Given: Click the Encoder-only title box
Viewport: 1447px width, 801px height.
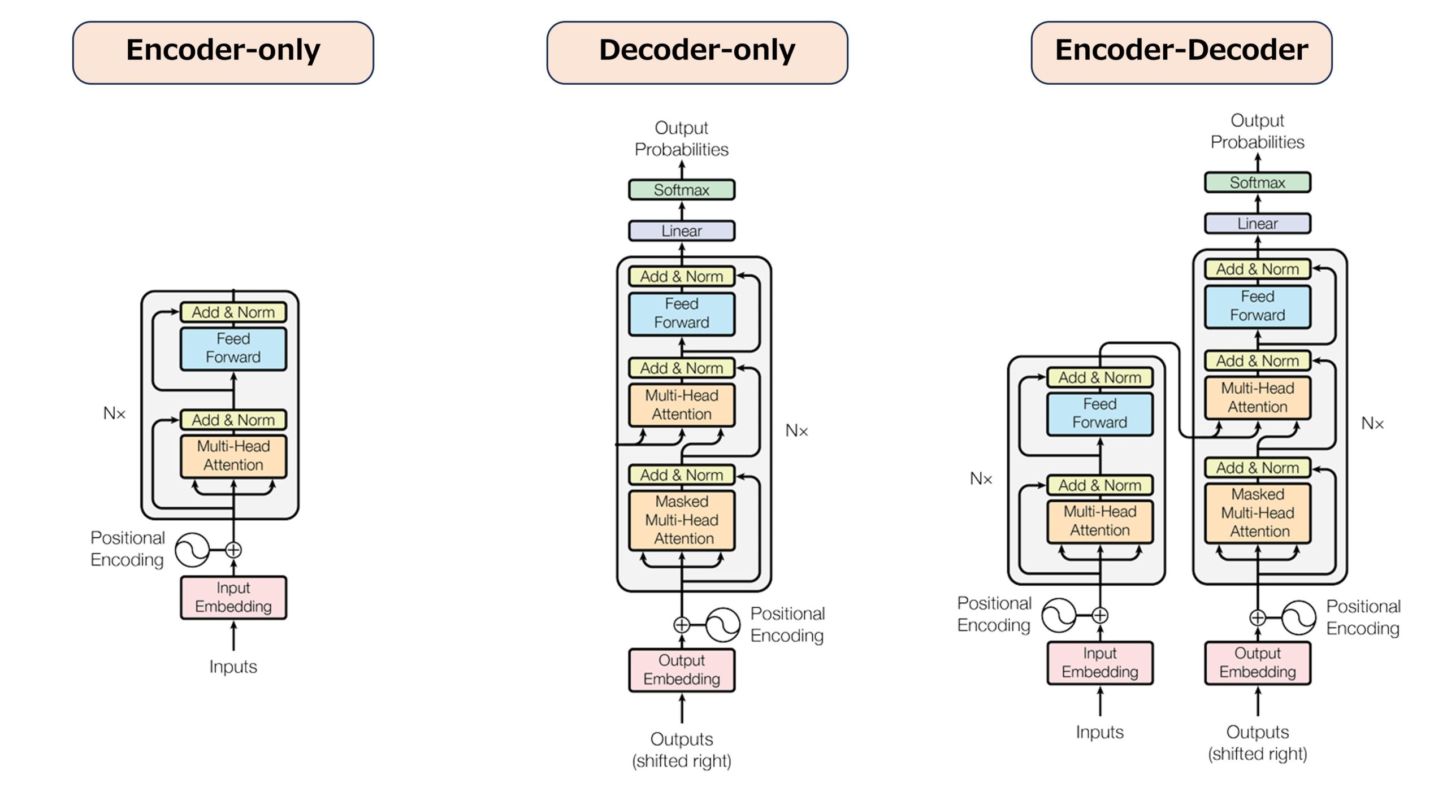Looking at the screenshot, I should (223, 53).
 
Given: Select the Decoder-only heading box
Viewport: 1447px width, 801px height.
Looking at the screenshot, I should (696, 53).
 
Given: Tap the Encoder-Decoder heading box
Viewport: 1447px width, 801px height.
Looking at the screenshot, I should (1181, 53).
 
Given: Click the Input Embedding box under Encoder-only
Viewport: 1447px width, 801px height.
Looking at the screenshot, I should (233, 597).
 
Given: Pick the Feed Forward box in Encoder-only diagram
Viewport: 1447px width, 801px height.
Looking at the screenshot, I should (233, 349).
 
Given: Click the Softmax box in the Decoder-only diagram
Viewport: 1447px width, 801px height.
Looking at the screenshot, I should (681, 190).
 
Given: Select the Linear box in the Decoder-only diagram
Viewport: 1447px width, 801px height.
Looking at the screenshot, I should (681, 231).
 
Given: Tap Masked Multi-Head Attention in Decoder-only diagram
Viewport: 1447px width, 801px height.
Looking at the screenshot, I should (681, 520).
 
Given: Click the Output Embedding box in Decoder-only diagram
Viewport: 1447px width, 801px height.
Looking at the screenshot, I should (681, 670).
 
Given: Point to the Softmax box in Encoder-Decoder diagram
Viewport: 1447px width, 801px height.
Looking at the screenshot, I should (1257, 182).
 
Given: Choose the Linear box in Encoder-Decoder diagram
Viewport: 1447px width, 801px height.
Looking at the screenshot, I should (1257, 224).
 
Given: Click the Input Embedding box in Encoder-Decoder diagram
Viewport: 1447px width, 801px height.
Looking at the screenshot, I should (1099, 663).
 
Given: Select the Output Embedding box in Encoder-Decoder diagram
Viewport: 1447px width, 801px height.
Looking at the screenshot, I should (1257, 663).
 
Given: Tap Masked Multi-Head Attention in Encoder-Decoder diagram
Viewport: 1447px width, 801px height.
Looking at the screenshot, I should (1257, 513).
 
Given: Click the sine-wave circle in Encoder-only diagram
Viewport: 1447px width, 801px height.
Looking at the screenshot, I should (191, 550).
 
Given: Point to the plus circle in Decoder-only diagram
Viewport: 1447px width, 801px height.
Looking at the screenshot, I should (682, 625).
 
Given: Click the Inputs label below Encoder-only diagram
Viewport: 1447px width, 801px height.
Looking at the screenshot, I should (233, 667).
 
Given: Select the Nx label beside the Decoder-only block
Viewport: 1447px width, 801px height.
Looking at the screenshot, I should (796, 431).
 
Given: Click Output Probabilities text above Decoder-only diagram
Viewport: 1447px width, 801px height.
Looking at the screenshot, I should (681, 138).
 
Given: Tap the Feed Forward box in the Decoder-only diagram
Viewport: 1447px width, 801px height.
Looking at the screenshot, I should (681, 314).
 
